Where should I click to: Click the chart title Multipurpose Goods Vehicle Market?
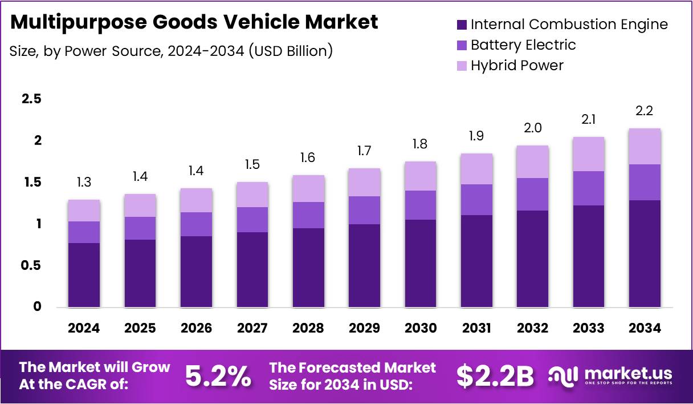[x=194, y=22]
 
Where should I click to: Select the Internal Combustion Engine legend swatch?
[x=462, y=25]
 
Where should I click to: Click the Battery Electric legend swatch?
[x=462, y=45]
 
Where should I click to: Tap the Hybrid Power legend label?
[x=517, y=66]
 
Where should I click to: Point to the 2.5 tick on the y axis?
[x=31, y=99]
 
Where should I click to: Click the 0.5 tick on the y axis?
[x=31, y=265]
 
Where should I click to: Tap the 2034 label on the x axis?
[x=645, y=328]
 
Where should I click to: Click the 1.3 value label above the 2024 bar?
[x=83, y=183]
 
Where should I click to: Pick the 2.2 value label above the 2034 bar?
[x=645, y=111]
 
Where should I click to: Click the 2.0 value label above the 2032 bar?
[x=532, y=128]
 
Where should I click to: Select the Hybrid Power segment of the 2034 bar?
[x=645, y=146]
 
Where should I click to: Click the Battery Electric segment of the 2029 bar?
[x=364, y=210]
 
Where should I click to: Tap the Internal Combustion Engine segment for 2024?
[x=83, y=275]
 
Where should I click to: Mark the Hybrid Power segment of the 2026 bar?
[x=195, y=200]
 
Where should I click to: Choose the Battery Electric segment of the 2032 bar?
[x=532, y=194]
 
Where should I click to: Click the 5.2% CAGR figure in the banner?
[x=218, y=376]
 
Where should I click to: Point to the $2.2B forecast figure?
[x=495, y=376]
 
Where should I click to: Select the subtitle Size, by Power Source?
[x=171, y=51]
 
